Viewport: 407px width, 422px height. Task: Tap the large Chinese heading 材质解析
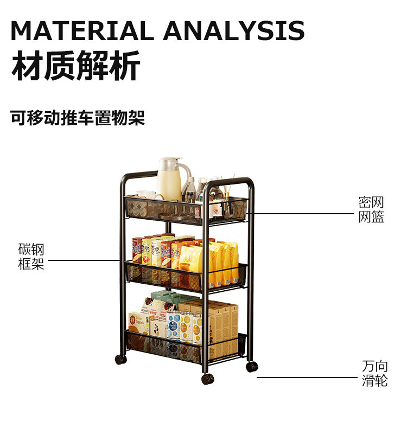click(x=75, y=66)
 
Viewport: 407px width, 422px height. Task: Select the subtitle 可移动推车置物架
click(x=78, y=117)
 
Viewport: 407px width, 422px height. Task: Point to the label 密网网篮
click(x=371, y=210)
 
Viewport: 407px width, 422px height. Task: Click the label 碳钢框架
click(x=31, y=257)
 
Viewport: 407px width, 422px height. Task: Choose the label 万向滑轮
click(x=375, y=373)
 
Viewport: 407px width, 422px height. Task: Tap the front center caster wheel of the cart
click(x=208, y=379)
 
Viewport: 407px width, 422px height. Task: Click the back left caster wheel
click(x=120, y=359)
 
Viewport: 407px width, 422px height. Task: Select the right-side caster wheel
click(x=252, y=366)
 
